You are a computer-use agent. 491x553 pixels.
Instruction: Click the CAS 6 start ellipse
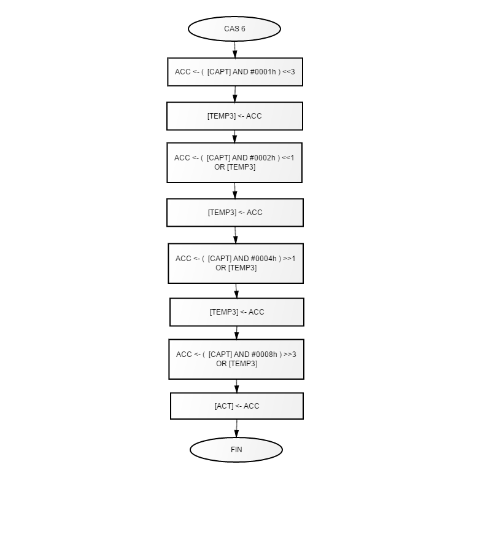tap(234, 28)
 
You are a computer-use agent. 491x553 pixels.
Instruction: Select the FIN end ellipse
tap(236, 450)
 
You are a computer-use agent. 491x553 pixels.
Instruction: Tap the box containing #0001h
tap(235, 72)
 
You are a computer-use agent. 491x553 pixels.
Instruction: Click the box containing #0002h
tap(234, 163)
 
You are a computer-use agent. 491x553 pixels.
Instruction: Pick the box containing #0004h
tap(236, 263)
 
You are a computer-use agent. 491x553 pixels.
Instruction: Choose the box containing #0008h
tap(236, 359)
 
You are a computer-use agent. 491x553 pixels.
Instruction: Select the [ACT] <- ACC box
tap(237, 406)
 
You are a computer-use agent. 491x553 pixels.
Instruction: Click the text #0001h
tap(263, 72)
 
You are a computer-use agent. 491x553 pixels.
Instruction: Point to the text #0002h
tap(262, 158)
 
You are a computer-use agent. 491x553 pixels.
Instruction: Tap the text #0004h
tap(263, 259)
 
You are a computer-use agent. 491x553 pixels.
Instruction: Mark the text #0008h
tap(264, 354)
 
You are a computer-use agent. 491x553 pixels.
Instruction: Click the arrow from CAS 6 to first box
tap(234, 50)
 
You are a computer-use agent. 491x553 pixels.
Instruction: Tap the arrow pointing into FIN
tap(236, 428)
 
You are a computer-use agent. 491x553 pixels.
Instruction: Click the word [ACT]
tap(224, 406)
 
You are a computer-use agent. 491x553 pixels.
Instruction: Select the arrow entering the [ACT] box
tap(236, 386)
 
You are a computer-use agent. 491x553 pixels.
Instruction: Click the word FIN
tap(236, 450)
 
